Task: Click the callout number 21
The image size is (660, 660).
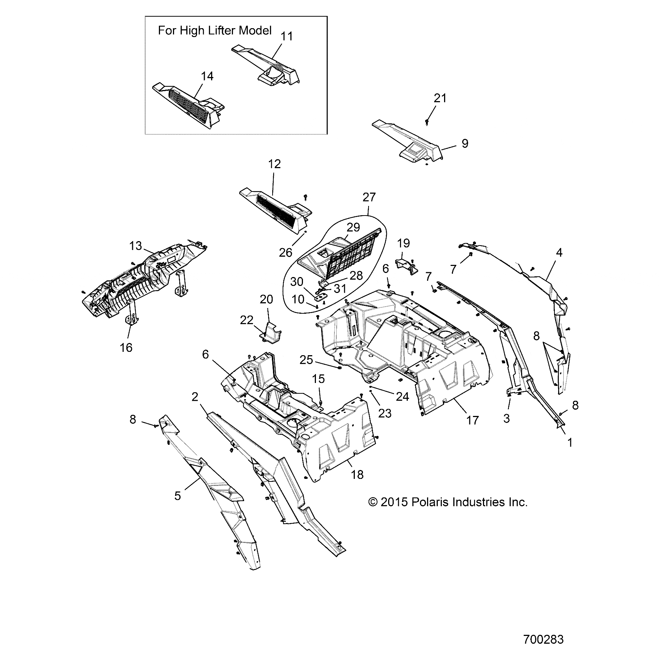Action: coord(440,98)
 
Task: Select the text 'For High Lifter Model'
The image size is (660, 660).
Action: coord(215,30)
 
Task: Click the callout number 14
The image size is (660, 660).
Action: coord(207,76)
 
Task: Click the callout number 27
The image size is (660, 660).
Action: coord(369,197)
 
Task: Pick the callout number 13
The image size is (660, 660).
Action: coord(136,246)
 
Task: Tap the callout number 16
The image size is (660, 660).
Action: coord(126,347)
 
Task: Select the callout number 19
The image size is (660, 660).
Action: coord(403,243)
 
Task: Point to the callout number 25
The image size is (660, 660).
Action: coord(307,360)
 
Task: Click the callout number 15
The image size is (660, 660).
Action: coord(318,379)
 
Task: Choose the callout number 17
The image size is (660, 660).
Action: coord(472,420)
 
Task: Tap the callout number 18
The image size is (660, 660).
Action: coord(357,474)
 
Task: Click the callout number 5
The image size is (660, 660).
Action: coord(178,496)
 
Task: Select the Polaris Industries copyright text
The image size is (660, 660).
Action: coord(448,502)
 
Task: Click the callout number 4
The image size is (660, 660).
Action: coord(559,253)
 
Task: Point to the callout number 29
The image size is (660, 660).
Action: coord(354,227)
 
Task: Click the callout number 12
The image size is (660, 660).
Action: coord(274,164)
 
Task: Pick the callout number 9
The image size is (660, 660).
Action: coord(464,144)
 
